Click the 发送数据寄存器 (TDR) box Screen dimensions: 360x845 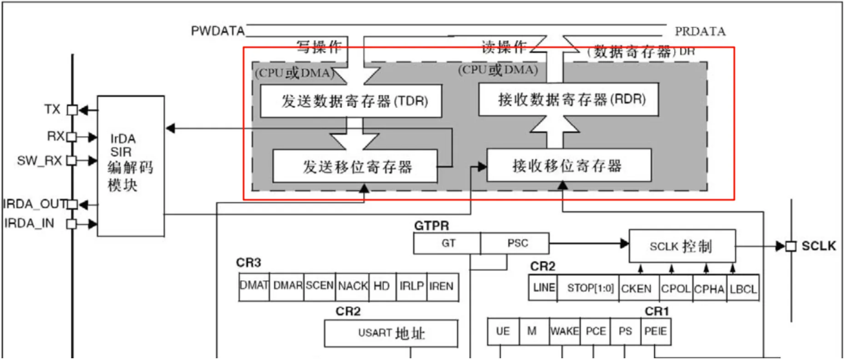[352, 101]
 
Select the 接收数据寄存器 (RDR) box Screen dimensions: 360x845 [568, 100]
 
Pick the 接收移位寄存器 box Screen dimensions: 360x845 [568, 165]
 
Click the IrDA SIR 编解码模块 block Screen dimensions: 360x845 [130, 165]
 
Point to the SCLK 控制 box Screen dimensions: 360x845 [682, 246]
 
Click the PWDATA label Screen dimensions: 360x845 [218, 30]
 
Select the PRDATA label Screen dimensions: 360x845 [700, 31]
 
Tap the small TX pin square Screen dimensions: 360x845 [72, 110]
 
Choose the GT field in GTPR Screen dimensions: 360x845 [448, 243]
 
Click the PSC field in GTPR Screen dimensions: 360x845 [517, 243]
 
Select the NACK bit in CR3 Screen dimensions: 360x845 [353, 286]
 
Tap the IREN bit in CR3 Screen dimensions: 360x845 [441, 286]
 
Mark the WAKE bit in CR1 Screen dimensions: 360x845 [564, 331]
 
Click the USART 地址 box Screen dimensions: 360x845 [391, 333]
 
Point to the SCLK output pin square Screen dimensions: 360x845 [790, 246]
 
